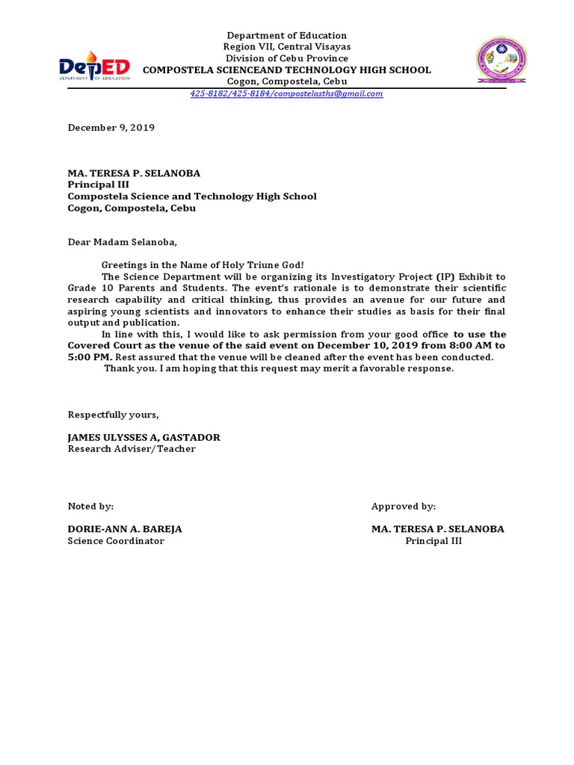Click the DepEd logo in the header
click(95, 66)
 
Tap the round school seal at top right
click(502, 61)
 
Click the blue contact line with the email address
click(286, 93)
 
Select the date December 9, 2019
click(111, 128)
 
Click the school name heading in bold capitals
click(286, 69)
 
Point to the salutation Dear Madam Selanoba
click(124, 242)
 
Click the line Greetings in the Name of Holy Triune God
click(203, 265)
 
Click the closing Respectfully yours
click(114, 415)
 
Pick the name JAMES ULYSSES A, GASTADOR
click(144, 437)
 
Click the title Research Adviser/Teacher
click(132, 449)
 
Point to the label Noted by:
click(90, 507)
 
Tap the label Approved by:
click(404, 507)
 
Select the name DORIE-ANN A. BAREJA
click(125, 529)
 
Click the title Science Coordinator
click(116, 541)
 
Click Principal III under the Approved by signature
click(433, 541)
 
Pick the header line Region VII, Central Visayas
click(286, 47)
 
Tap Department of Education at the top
click(286, 35)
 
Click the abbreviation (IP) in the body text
click(445, 276)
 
